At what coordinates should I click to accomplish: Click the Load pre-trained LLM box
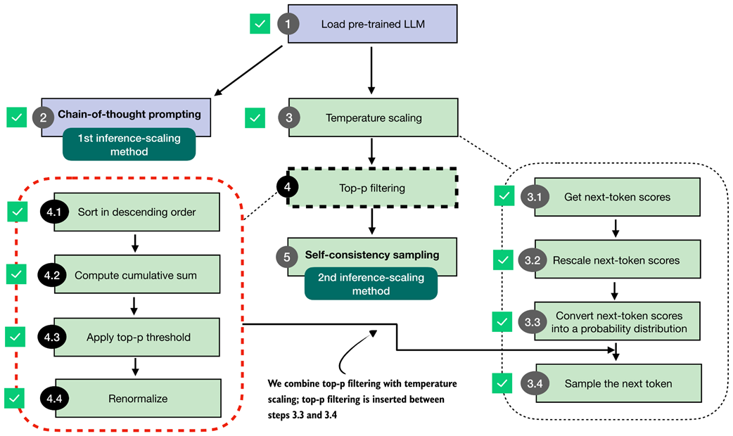(x=373, y=24)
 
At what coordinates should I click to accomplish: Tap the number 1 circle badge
(x=287, y=24)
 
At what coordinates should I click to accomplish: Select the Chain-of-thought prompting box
(x=129, y=114)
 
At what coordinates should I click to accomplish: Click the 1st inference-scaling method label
(x=128, y=144)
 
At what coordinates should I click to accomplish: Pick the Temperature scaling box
(x=373, y=117)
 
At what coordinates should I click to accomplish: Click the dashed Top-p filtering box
(x=373, y=188)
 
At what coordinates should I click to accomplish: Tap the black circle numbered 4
(x=288, y=187)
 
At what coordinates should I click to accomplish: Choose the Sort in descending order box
(x=136, y=212)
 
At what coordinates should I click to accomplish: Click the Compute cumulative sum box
(x=136, y=275)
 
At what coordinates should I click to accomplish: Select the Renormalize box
(x=138, y=398)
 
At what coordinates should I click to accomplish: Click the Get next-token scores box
(x=617, y=197)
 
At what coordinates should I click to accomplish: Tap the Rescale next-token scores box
(x=617, y=260)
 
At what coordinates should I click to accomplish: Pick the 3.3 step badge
(x=532, y=322)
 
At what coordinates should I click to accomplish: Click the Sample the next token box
(x=617, y=384)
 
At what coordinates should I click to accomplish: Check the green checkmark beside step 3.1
(x=504, y=196)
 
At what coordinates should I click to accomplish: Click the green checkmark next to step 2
(x=17, y=117)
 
